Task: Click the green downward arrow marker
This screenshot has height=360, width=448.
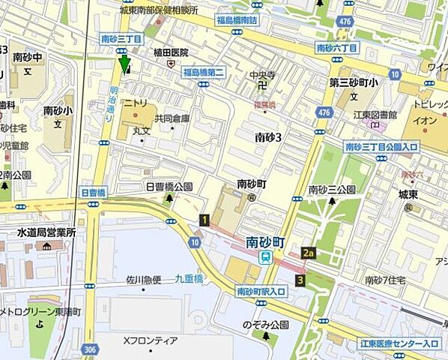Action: click(x=124, y=64)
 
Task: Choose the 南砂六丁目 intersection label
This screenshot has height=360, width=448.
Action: click(x=337, y=47)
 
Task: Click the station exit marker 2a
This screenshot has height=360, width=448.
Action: click(x=308, y=253)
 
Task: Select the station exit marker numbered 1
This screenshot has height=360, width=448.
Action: click(x=203, y=219)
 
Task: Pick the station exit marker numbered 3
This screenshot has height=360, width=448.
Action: click(x=300, y=280)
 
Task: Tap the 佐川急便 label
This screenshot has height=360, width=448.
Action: click(x=144, y=280)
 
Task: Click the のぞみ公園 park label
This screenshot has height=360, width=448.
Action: click(x=265, y=325)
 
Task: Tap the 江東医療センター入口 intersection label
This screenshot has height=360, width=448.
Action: click(x=399, y=343)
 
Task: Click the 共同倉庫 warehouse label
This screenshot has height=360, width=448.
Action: click(x=172, y=118)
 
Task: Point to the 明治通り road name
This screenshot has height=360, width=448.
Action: click(x=109, y=96)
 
